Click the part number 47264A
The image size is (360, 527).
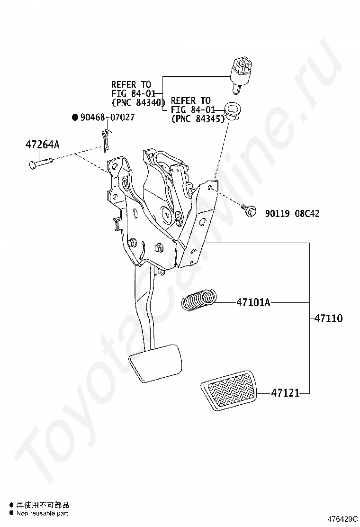(43, 145)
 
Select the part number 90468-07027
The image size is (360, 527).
(107, 117)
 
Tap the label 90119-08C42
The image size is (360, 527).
(292, 214)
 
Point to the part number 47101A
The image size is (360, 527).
(253, 302)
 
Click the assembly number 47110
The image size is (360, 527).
(328, 318)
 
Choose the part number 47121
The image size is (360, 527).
(286, 393)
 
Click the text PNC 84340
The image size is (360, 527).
(138, 102)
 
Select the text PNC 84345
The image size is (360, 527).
(198, 119)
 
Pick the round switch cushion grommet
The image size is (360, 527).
(233, 109)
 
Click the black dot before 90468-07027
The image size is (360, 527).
(74, 117)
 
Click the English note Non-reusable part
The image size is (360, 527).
(42, 513)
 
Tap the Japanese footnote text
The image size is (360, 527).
(43, 505)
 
